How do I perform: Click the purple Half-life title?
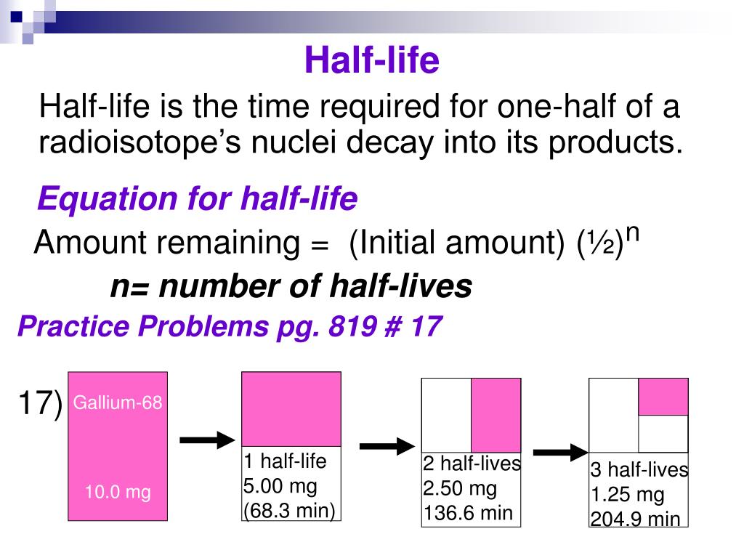click(371, 60)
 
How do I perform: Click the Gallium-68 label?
click(118, 402)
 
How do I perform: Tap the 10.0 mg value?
click(118, 493)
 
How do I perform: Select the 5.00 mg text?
click(280, 486)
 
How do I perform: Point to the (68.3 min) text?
click(289, 510)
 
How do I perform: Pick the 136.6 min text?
click(468, 514)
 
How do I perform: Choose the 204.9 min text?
click(635, 519)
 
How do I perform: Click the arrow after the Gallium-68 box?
click(206, 440)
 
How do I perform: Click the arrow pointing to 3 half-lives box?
click(559, 452)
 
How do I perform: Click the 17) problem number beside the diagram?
click(40, 404)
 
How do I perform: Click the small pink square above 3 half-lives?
click(663, 397)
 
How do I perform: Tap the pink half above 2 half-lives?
click(496, 415)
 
